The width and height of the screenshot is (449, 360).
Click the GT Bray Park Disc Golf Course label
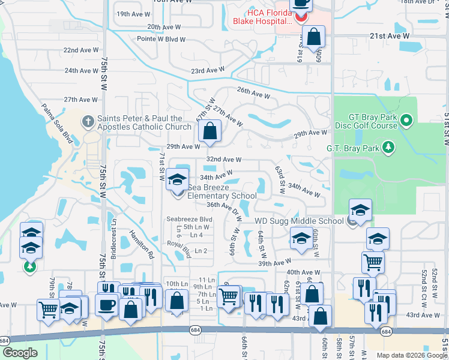(366, 121)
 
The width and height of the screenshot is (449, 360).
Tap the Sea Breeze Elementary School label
(221, 191)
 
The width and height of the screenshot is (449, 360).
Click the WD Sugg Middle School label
(298, 221)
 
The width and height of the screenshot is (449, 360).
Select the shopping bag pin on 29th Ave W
(209, 131)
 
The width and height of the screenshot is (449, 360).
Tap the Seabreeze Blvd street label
(190, 219)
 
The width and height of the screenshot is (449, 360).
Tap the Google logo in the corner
(20, 353)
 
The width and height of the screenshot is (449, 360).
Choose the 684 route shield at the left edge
(5, 340)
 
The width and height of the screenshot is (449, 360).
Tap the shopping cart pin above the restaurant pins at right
(373, 262)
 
